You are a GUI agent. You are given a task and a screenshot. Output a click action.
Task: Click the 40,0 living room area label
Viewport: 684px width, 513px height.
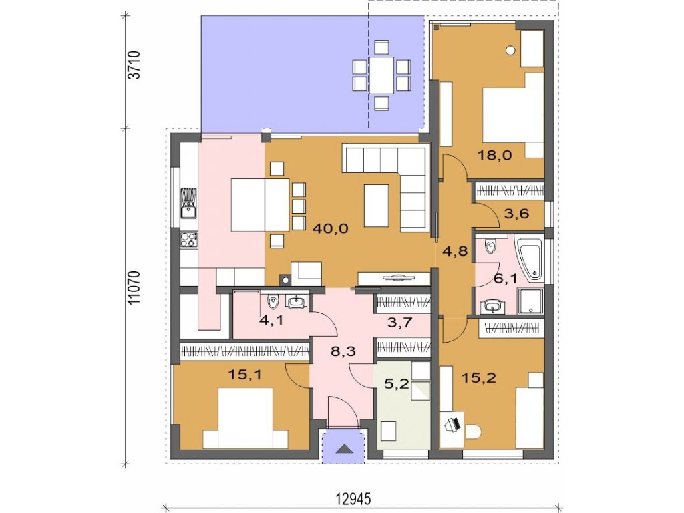pyautogui.click(x=331, y=228)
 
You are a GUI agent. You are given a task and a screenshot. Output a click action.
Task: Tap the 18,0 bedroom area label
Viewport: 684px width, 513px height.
pyautogui.click(x=494, y=155)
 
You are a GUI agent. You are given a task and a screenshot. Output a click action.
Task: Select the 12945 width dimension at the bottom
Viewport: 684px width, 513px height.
pyautogui.click(x=353, y=498)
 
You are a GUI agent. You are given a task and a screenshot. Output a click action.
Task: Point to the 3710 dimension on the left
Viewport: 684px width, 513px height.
pyautogui.click(x=134, y=65)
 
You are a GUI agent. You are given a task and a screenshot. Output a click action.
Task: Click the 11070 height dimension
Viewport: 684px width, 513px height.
pyautogui.click(x=134, y=287)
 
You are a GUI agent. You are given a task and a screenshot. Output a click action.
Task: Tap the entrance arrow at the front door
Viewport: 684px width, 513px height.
pyautogui.click(x=343, y=448)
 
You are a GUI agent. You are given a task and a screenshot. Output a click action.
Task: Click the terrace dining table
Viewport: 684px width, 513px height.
pyautogui.click(x=381, y=75)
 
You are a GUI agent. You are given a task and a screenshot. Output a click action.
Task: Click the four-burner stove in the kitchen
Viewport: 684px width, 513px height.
pyautogui.click(x=189, y=240)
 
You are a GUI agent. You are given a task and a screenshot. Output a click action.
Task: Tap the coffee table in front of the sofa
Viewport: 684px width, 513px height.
pyautogui.click(x=377, y=206)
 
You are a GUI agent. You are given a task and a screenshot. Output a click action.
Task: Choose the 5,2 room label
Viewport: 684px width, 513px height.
pyautogui.click(x=397, y=384)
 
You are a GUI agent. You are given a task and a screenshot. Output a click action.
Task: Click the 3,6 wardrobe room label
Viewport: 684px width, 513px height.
pyautogui.click(x=516, y=213)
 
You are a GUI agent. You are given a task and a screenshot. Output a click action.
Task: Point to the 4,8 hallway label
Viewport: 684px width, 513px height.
pyautogui.click(x=455, y=251)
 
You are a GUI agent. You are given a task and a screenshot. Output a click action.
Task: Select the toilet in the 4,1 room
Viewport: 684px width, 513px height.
pyautogui.click(x=273, y=301)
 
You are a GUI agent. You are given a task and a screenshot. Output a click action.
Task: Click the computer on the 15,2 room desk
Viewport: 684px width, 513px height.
pyautogui.click(x=452, y=423)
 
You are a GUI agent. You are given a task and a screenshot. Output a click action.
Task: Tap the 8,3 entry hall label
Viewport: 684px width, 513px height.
pyautogui.click(x=343, y=351)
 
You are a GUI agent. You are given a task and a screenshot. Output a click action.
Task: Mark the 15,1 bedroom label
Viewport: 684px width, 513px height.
pyautogui.click(x=245, y=374)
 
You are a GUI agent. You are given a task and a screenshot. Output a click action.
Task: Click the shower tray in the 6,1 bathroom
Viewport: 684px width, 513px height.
pyautogui.click(x=530, y=301)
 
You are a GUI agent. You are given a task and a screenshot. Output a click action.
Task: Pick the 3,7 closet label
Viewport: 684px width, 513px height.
pyautogui.click(x=400, y=323)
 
